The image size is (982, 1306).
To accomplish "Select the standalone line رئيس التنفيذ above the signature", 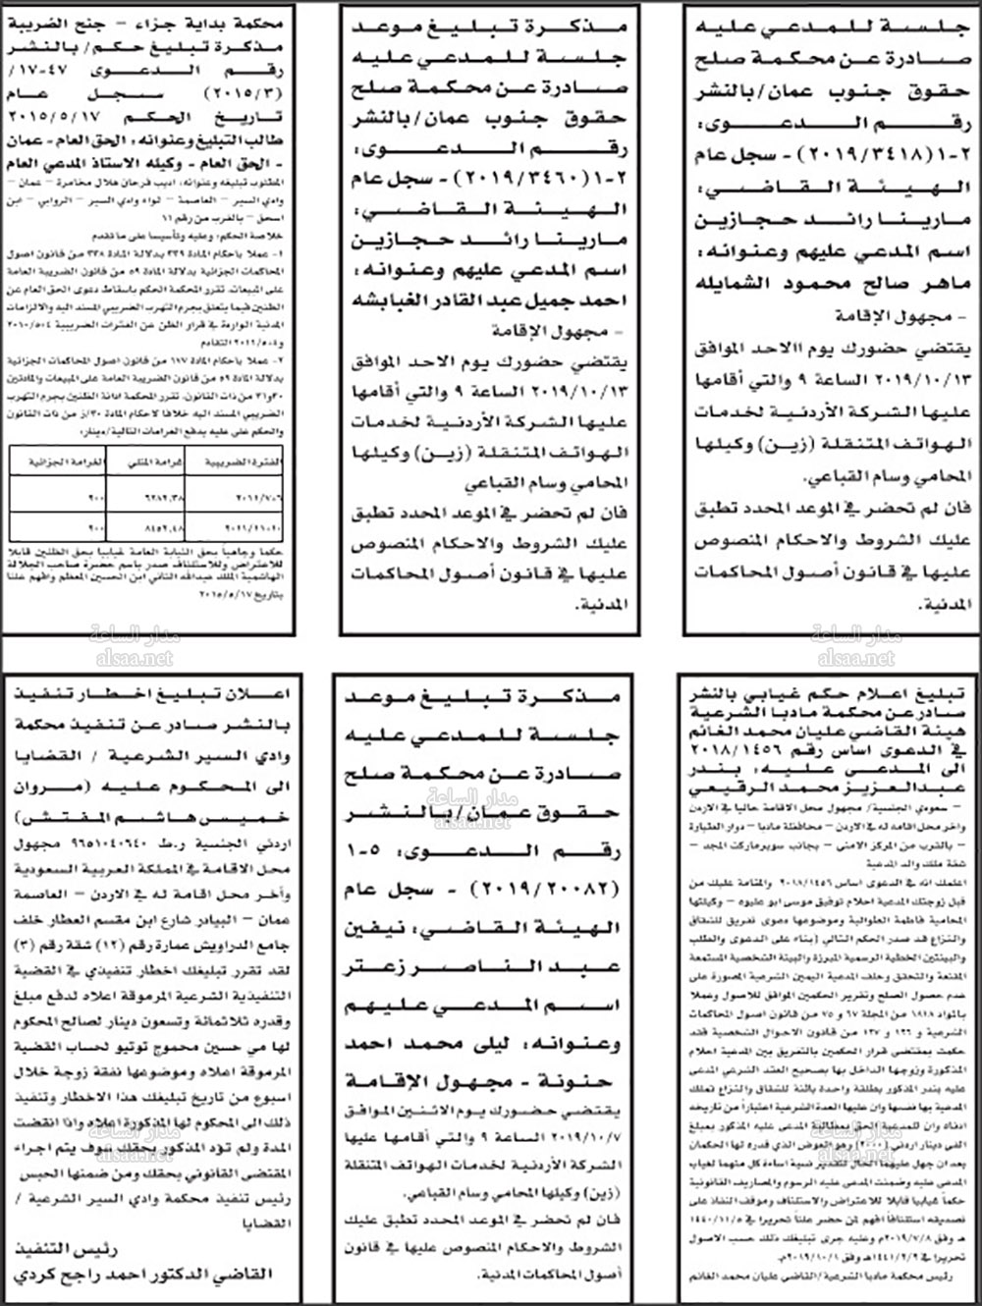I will click(x=69, y=1249).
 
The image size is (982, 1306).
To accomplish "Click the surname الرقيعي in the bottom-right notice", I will click(x=724, y=788).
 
